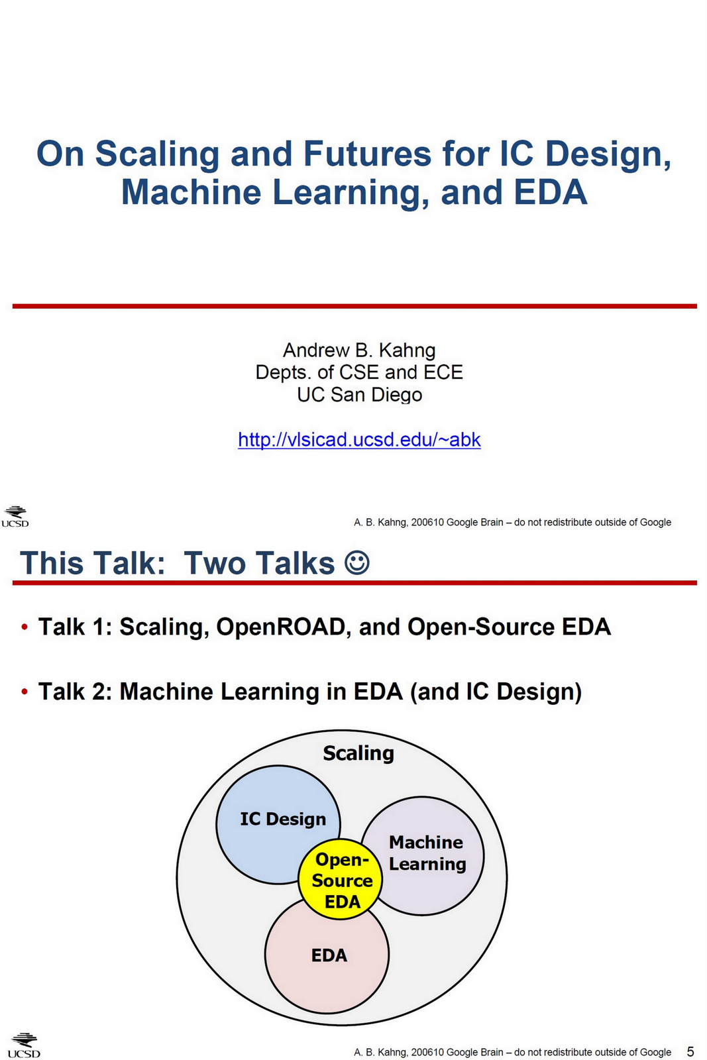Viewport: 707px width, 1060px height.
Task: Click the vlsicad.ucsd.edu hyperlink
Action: (359, 439)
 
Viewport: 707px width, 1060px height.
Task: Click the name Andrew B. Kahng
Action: (359, 350)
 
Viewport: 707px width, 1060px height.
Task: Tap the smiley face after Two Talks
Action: (356, 562)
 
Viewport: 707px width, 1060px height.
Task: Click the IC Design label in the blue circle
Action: (283, 820)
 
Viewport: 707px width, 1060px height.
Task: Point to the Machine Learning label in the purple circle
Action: (427, 853)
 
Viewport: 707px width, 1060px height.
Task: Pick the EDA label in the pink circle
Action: (329, 955)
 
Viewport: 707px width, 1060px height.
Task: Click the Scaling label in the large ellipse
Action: (358, 753)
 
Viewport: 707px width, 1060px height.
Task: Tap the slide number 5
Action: (690, 1051)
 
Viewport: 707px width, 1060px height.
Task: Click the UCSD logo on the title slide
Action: (15, 517)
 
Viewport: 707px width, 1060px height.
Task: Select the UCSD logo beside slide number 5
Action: (24, 1045)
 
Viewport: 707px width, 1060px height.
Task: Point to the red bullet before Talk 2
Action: (25, 692)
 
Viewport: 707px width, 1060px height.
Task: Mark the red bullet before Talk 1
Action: (25, 627)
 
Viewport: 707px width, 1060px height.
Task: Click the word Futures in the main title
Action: (367, 154)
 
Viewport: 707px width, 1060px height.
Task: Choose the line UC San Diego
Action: (359, 395)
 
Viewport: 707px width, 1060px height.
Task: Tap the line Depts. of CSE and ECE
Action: (359, 372)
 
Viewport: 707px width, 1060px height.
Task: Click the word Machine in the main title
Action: (191, 193)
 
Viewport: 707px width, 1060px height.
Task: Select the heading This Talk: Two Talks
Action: (178, 563)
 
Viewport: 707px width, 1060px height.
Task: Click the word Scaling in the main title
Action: (157, 154)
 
